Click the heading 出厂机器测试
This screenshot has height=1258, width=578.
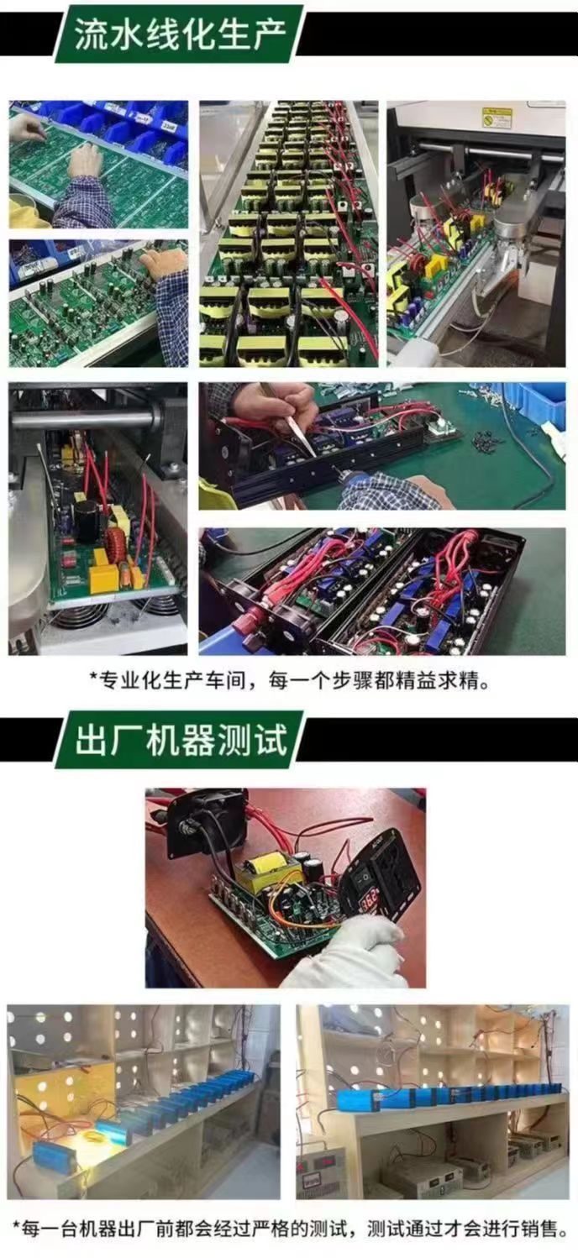point(181,739)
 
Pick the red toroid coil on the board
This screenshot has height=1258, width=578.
point(118,542)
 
